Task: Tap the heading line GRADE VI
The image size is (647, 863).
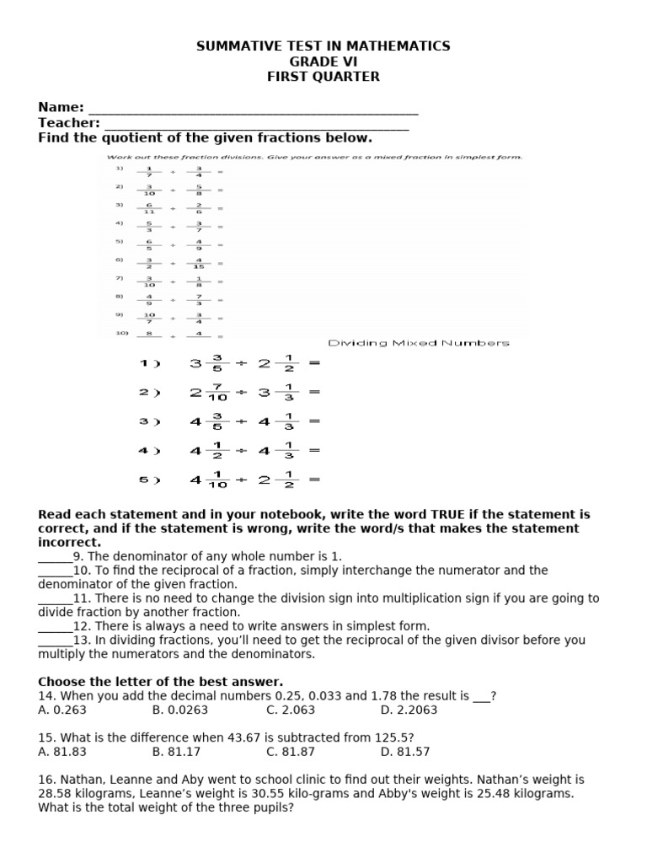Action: (323, 62)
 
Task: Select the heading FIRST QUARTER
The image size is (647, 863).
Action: (323, 77)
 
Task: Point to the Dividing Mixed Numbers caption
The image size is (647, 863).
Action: (419, 343)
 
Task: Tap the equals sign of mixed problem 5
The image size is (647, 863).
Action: (314, 480)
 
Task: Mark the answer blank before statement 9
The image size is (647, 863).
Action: (54, 558)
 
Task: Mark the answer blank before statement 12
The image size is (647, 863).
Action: (54, 627)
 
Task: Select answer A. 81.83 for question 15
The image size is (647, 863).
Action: (62, 751)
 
